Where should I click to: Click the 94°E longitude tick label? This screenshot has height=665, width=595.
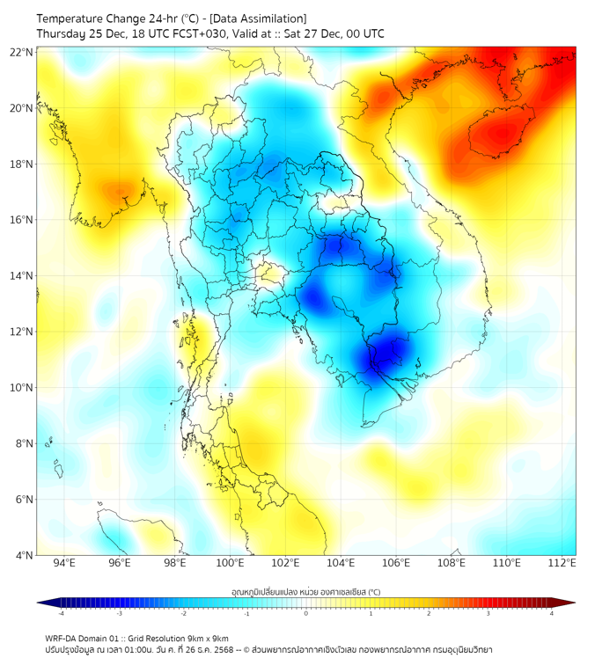[64, 563]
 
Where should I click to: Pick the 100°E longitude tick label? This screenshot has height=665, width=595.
[231, 563]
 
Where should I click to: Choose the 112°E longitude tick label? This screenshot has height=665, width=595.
[562, 563]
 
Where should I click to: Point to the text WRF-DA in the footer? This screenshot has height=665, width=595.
[62, 638]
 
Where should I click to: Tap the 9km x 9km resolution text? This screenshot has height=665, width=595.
[204, 638]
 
